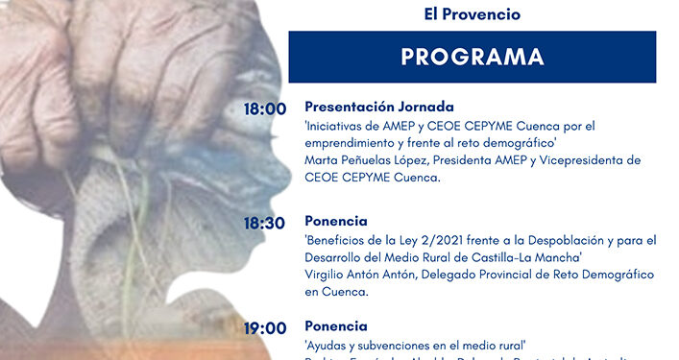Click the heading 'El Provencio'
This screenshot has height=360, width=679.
coord(473,15)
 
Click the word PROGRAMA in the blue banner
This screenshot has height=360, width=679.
coord(472,57)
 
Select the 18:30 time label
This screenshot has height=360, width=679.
coord(264,223)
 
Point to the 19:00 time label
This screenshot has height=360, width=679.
coord(264,327)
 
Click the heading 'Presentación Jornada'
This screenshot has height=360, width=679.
coord(378,107)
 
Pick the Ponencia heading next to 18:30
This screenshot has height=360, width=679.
coord(336,221)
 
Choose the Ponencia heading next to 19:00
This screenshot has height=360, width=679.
coord(336,326)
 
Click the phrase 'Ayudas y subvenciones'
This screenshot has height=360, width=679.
coord(371,345)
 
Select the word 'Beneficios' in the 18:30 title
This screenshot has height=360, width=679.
coord(339,240)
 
